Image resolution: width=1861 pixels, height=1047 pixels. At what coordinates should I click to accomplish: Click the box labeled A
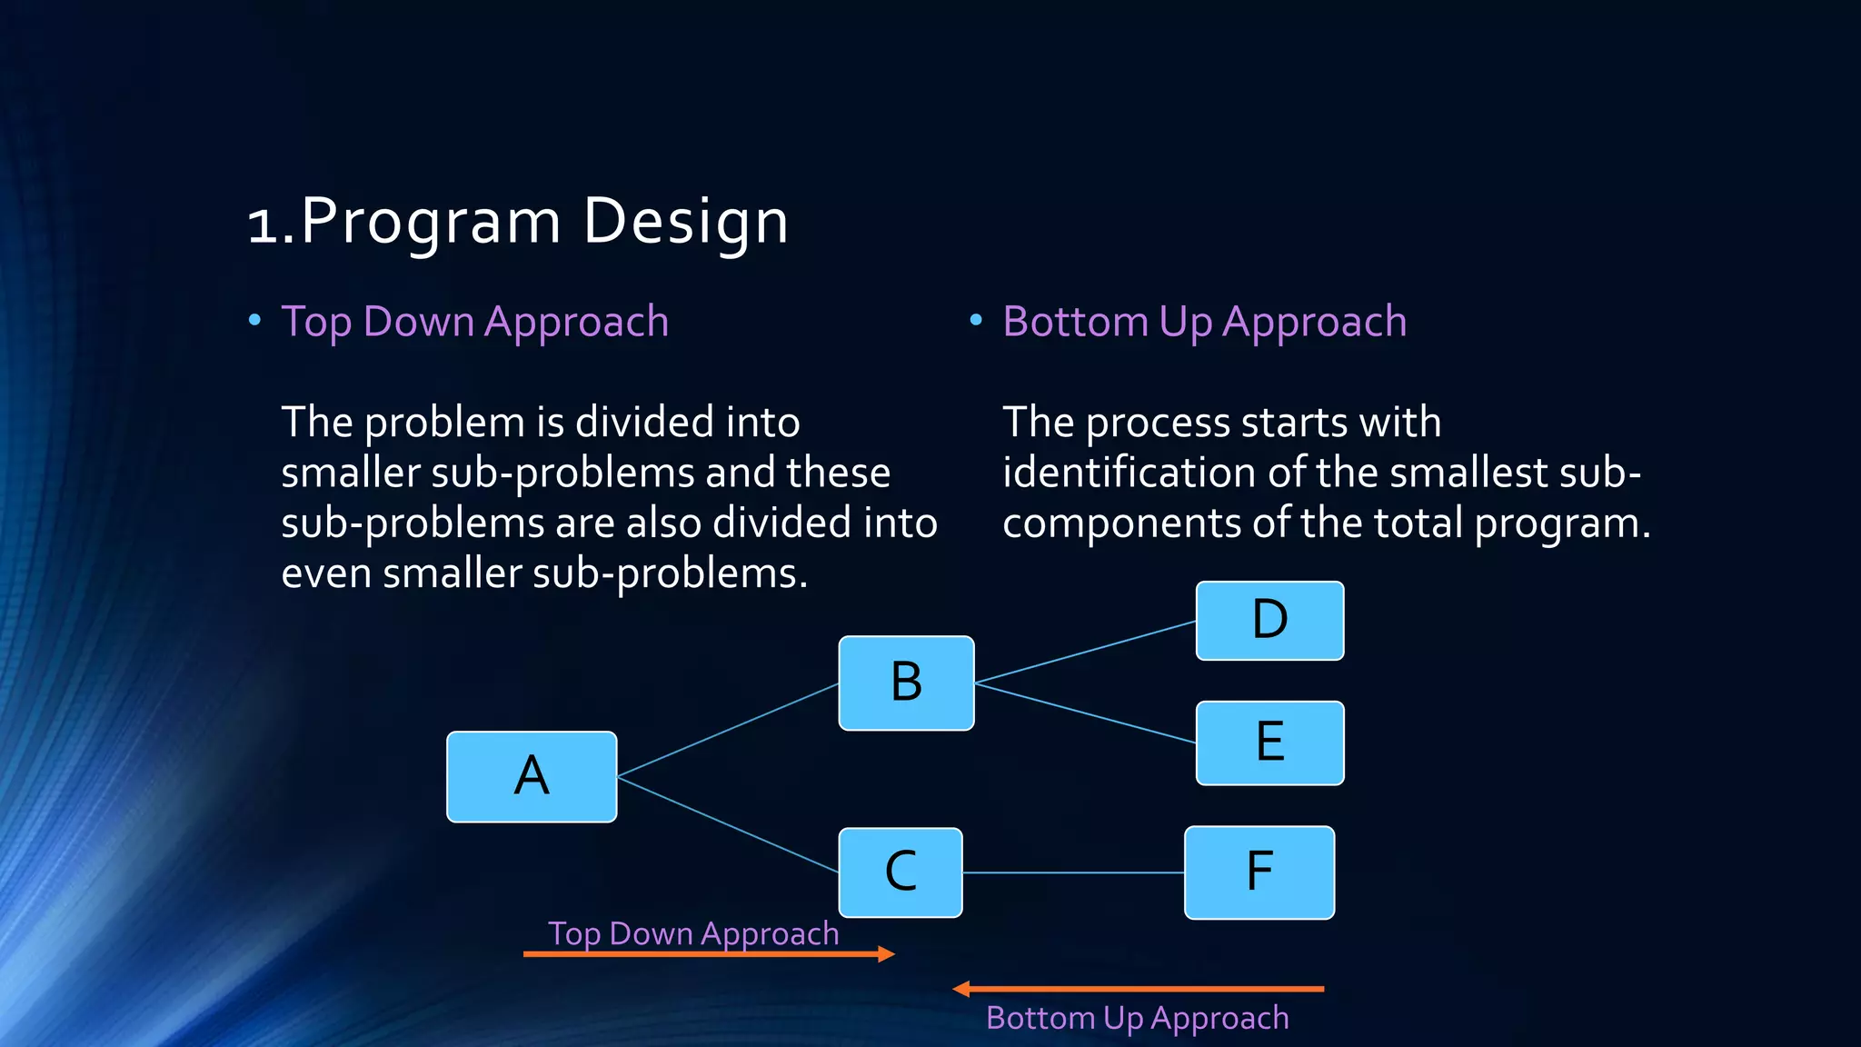click(532, 777)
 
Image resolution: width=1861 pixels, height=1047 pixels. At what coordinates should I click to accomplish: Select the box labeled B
click(906, 683)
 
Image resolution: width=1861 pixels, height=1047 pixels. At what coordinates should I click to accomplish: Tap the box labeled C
click(901, 872)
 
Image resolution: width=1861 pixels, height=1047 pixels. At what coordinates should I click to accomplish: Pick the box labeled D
click(1269, 621)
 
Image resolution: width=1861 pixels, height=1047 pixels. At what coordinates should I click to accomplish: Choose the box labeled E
click(1269, 743)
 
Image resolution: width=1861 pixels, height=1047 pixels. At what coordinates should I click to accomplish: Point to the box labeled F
click(1259, 872)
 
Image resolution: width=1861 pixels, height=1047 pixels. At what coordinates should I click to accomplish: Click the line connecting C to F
click(1073, 872)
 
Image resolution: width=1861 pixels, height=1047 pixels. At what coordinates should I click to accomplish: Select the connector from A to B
click(727, 730)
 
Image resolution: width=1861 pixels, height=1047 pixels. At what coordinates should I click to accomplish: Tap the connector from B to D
click(1085, 653)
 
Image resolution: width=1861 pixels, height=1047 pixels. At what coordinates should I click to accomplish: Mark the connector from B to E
click(1085, 713)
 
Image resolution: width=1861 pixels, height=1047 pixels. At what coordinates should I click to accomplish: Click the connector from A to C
click(727, 823)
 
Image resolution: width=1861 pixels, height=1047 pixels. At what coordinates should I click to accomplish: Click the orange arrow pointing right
click(709, 954)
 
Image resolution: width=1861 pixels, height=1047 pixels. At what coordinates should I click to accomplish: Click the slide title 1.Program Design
click(518, 222)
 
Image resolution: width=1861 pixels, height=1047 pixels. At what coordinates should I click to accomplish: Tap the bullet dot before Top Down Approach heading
click(255, 320)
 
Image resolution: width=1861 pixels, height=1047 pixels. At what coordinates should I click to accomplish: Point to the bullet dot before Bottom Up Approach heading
click(976, 320)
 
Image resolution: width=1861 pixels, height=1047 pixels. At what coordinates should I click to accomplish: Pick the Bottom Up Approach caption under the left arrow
click(1137, 1019)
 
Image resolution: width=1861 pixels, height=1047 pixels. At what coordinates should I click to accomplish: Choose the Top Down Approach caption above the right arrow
click(693, 934)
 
